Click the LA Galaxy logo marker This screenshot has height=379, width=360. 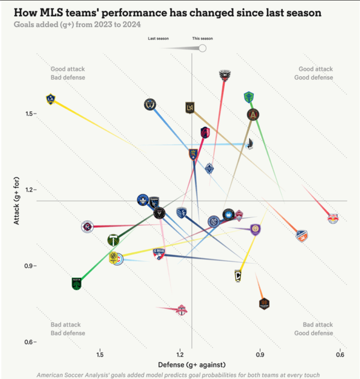point(51,99)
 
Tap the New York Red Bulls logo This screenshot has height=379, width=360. point(333,219)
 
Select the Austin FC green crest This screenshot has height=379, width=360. point(77,284)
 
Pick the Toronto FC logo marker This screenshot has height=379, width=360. point(181,310)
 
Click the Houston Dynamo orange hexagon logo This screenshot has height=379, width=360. point(264,303)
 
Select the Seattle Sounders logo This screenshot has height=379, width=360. point(249,97)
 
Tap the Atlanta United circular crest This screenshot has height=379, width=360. point(253,115)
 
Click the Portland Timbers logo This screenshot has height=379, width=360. point(114,241)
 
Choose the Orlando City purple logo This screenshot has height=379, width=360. point(255,229)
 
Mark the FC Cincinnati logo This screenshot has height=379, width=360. point(302,236)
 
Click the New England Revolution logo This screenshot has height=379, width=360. point(87,227)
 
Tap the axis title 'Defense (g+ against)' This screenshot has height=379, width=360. point(191,365)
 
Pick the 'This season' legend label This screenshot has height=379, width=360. point(202,39)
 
